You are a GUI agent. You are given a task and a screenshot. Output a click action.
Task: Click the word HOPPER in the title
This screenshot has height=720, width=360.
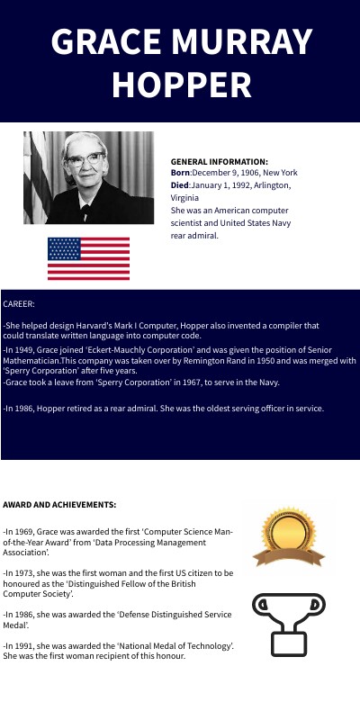point(181,84)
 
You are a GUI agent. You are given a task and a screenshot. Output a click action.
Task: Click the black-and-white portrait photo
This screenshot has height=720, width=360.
point(88,178)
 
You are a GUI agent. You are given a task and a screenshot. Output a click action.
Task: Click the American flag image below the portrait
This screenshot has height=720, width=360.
point(88,258)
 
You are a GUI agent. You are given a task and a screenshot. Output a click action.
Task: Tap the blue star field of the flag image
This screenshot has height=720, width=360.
point(63,247)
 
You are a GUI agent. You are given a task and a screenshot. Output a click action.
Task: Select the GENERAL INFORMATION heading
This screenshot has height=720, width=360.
point(219,161)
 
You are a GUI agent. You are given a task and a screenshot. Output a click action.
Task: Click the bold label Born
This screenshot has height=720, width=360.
point(180,172)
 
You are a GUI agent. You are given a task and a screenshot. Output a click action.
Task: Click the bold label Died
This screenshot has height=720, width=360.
point(180,184)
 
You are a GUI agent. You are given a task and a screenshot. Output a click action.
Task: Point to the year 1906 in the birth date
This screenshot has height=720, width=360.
point(248,172)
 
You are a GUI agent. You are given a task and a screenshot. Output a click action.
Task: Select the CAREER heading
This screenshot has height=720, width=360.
point(19,304)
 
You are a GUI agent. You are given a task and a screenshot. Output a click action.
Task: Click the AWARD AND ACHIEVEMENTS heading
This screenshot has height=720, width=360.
point(59,505)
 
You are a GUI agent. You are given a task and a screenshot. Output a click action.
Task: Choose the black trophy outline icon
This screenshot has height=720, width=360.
point(288,625)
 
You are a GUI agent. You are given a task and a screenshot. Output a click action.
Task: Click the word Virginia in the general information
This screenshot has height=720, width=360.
point(185,196)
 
